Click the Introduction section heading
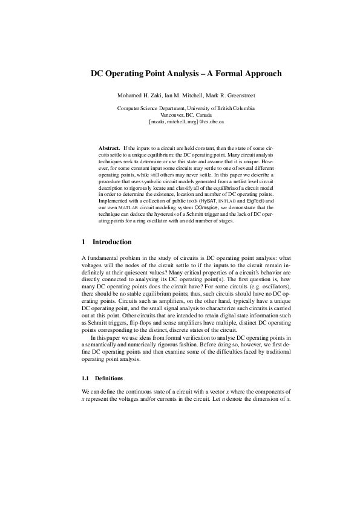pos(112,242)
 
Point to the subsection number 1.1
pos(85,378)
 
